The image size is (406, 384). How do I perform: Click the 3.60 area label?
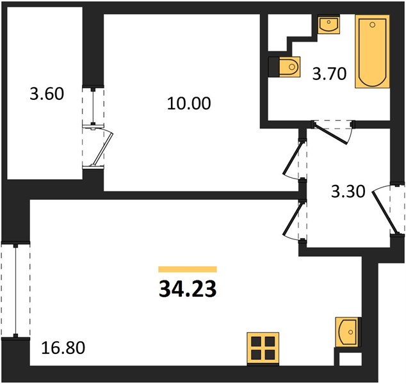tap(47, 94)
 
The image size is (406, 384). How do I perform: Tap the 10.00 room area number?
tap(189, 104)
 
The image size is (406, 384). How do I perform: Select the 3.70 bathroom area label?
tap(329, 74)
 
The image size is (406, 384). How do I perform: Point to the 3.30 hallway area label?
tap(348, 192)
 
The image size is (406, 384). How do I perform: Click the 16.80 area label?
tap(63, 348)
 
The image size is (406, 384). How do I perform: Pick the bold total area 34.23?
tap(188, 289)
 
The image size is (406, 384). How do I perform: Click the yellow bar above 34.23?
tap(188, 269)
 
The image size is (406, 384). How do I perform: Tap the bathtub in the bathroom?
tap(372, 51)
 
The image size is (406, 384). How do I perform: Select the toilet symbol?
tap(289, 67)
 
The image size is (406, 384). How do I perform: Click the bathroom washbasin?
tap(329, 25)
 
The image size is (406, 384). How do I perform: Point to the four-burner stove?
tap(263, 348)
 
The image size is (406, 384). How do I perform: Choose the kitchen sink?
tap(347, 332)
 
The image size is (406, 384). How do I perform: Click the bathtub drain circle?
tap(372, 25)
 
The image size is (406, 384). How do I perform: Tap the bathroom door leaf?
tap(330, 134)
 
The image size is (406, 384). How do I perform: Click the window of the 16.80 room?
tap(15, 290)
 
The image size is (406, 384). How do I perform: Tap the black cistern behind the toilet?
tap(273, 67)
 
